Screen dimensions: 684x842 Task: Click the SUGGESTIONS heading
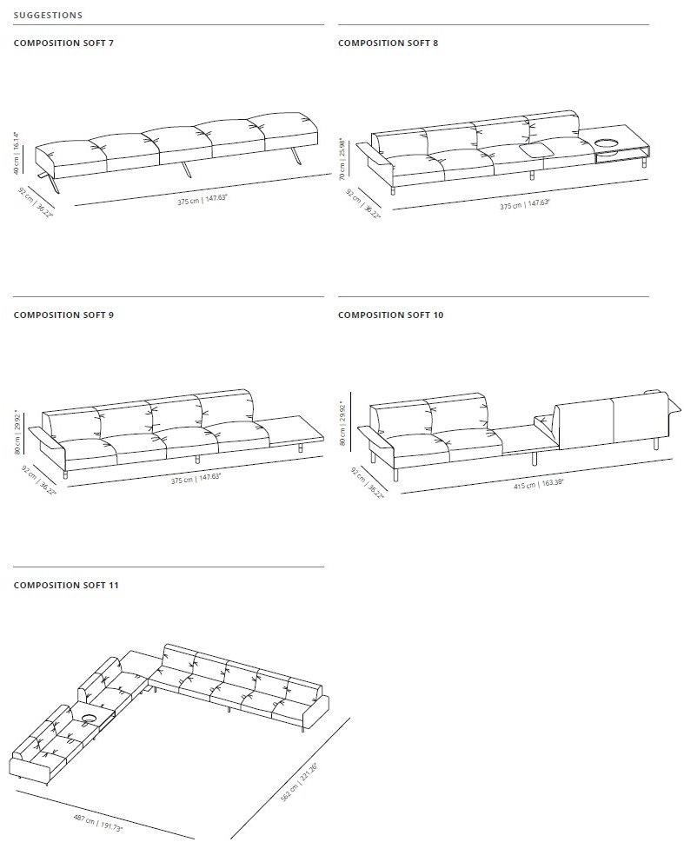[x=48, y=15]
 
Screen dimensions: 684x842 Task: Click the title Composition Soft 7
[x=63, y=43]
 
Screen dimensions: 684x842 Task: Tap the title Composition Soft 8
[x=388, y=43]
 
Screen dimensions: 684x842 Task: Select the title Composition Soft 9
[x=63, y=315]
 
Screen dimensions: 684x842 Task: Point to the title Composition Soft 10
[x=390, y=315]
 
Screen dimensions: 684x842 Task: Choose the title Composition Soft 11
[x=65, y=585]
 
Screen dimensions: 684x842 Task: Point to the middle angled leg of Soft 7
[x=186, y=169]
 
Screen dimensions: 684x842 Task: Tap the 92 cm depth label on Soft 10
[x=368, y=483]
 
